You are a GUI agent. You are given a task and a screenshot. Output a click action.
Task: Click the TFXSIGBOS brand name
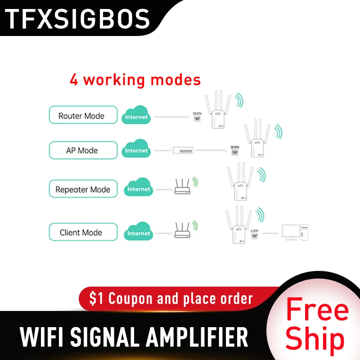(x=77, y=19)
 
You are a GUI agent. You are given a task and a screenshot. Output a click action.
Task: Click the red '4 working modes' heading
(x=135, y=80)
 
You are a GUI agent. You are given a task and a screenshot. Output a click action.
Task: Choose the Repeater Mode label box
(x=83, y=189)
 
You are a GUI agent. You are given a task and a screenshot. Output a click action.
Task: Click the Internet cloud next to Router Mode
(x=136, y=116)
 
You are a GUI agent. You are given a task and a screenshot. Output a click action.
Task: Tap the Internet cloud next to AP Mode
(x=136, y=150)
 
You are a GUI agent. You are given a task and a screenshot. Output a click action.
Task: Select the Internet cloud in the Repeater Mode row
(x=138, y=188)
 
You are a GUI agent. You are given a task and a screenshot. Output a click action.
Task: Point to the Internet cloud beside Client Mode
(x=138, y=232)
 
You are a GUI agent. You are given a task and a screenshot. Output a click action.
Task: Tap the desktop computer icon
(x=294, y=231)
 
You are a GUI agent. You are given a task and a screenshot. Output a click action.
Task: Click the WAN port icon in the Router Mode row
(x=197, y=117)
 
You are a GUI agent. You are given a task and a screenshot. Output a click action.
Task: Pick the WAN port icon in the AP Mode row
(x=234, y=150)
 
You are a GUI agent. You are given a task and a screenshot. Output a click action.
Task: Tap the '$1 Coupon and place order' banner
(x=171, y=298)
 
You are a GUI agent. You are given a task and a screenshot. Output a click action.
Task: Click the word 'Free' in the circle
(x=317, y=311)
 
